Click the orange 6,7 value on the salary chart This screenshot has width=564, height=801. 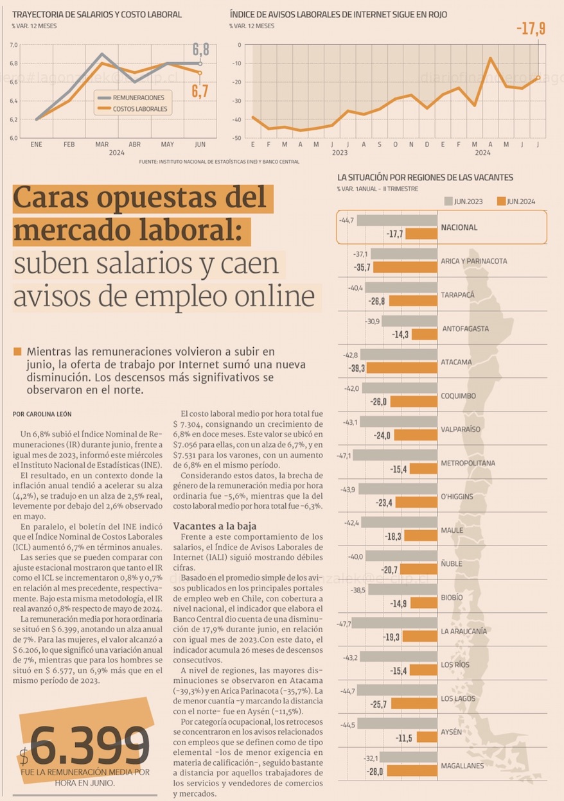[200, 90]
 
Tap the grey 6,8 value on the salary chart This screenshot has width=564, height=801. [200, 49]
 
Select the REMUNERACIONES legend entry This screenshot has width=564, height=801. [138, 98]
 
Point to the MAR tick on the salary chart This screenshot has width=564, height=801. [101, 145]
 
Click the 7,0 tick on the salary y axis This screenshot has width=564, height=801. [13, 45]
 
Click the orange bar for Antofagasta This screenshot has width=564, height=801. [423, 334]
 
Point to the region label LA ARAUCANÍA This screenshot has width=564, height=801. [463, 631]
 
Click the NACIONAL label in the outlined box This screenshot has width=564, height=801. [459, 227]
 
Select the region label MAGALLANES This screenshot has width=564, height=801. [463, 766]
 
